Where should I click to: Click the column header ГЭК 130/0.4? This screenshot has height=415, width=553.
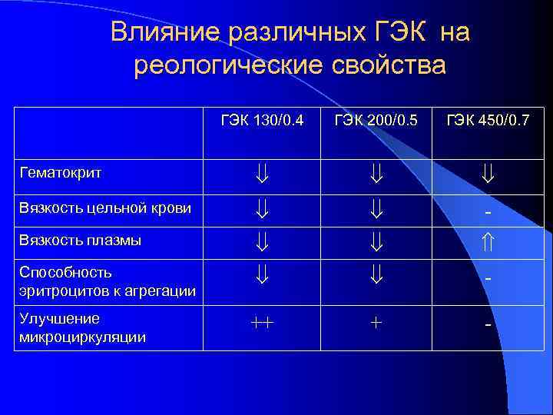[262, 120]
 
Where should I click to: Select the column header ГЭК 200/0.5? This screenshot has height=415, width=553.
[376, 120]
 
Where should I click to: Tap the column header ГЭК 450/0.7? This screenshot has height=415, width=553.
[488, 120]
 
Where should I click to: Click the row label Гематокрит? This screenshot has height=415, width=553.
[61, 174]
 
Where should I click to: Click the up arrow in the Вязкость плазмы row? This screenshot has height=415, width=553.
[488, 242]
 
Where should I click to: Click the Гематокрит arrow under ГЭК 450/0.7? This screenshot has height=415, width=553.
[488, 175]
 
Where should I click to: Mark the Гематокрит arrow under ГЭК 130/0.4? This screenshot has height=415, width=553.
[262, 175]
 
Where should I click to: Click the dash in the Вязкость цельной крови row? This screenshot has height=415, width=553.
[488, 211]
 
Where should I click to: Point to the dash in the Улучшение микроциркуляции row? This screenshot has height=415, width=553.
[488, 325]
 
